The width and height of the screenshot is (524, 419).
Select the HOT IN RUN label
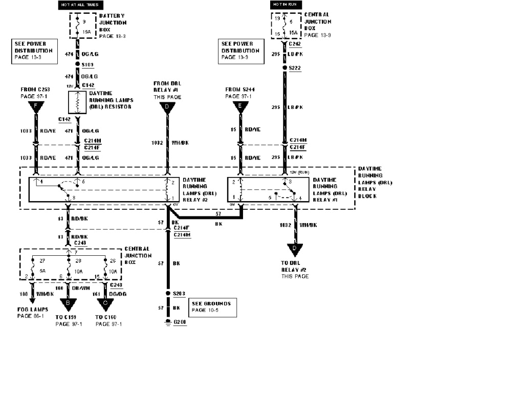[284, 5]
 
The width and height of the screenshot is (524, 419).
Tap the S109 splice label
[88, 65]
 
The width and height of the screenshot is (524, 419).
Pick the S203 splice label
[179, 293]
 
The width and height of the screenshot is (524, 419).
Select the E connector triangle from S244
[240, 107]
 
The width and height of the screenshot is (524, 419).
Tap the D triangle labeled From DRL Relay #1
[167, 107]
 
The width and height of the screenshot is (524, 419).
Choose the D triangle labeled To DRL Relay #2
[294, 250]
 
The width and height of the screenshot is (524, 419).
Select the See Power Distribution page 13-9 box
[241, 51]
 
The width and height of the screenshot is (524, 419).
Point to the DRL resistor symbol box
[77, 102]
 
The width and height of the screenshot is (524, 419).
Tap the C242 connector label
[295, 43]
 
